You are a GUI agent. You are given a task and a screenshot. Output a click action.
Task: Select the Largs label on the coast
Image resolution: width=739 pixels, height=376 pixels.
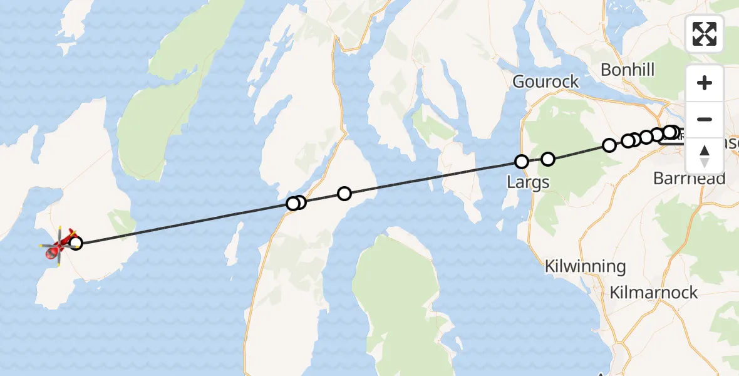(x=528, y=183)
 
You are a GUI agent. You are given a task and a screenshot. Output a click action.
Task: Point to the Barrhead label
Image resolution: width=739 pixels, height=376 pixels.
(x=689, y=179)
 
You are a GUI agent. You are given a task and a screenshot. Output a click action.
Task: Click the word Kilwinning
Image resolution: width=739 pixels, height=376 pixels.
(x=585, y=266)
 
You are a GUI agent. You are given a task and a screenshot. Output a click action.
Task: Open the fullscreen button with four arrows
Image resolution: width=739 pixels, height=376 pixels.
(x=705, y=34)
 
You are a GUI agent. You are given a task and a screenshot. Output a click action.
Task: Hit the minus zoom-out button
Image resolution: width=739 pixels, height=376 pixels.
(x=705, y=119)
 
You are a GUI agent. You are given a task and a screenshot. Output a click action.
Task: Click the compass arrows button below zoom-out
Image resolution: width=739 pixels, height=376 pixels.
(x=705, y=156)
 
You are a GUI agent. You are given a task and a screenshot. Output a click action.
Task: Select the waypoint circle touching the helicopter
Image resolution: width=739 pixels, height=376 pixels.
(x=75, y=243)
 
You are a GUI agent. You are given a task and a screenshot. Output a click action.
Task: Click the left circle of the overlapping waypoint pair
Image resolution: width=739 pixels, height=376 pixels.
(x=292, y=204)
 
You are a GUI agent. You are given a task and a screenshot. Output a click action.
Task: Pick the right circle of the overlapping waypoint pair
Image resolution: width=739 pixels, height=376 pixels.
(x=300, y=202)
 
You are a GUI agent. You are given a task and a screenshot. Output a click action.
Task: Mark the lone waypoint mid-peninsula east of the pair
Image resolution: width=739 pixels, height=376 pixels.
(x=344, y=194)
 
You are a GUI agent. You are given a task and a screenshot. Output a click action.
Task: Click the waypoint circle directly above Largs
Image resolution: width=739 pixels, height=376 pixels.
(x=521, y=162)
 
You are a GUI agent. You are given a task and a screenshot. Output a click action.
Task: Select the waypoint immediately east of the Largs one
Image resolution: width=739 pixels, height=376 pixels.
(x=548, y=159)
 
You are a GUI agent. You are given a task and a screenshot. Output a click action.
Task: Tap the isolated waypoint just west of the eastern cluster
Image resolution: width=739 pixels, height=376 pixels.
(x=609, y=145)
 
